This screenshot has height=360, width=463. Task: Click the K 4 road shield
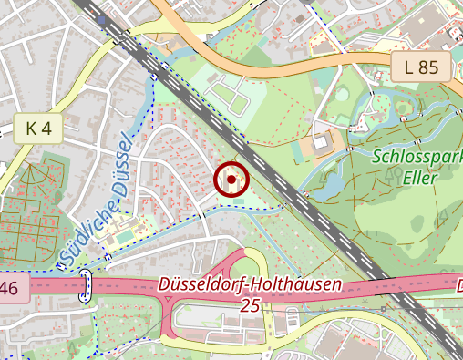click(x=37, y=129)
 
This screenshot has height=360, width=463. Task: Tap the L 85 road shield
click(x=422, y=67)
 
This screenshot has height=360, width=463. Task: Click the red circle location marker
click(x=231, y=180)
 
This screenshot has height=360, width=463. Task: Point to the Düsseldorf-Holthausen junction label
click(x=251, y=284)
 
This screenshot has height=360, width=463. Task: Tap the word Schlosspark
click(x=417, y=155)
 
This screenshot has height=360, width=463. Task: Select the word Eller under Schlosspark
click(x=419, y=177)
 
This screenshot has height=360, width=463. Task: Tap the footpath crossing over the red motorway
click(x=87, y=286)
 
